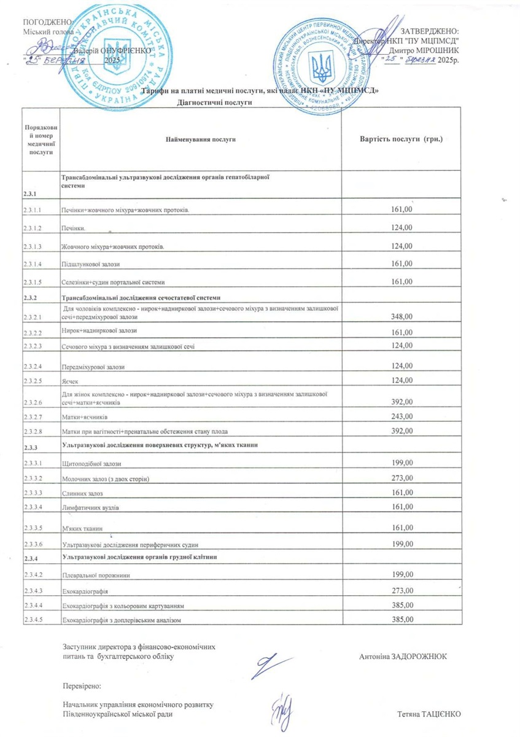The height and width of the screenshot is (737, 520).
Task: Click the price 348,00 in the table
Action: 402,316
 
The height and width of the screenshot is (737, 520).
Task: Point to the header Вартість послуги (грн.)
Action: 401,139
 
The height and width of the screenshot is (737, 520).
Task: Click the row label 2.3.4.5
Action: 32,620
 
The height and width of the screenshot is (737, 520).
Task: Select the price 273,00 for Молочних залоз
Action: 402,477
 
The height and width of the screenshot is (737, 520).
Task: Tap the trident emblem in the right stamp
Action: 322,68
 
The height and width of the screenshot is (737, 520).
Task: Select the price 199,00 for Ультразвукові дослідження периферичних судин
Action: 402,544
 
